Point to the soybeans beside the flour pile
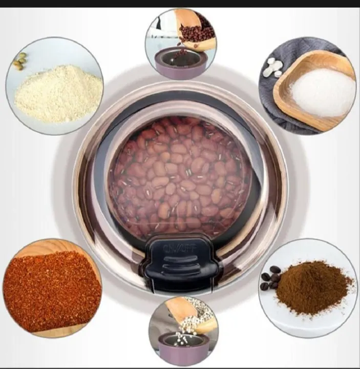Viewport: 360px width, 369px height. (19, 61)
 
